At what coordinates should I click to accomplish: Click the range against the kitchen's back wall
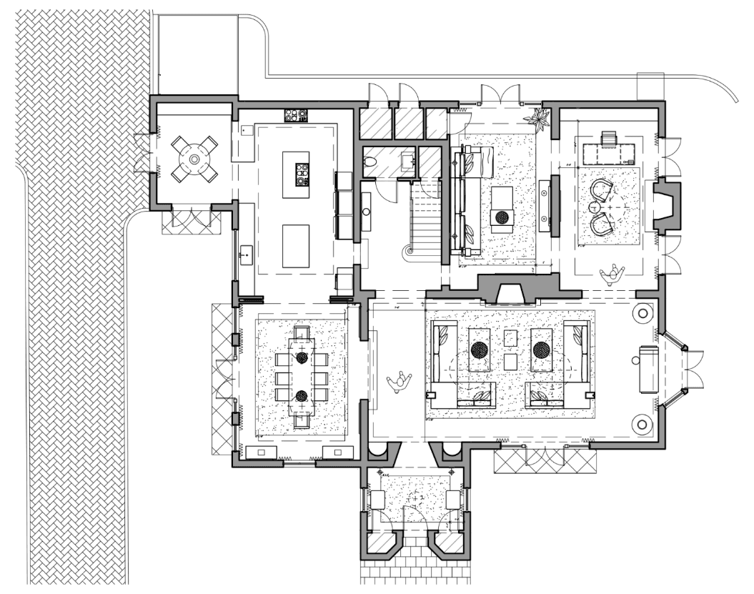pyautogui.click(x=295, y=115)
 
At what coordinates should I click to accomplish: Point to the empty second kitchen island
pyautogui.click(x=295, y=245)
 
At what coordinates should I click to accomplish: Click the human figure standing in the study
pyautogui.click(x=613, y=273)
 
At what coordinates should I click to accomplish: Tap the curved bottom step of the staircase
pyautogui.click(x=410, y=250)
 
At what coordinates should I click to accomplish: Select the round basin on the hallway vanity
pyautogui.click(x=365, y=212)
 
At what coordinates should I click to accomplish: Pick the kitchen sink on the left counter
pyautogui.click(x=246, y=253)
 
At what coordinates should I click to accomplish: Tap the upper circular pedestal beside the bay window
pyautogui.click(x=642, y=313)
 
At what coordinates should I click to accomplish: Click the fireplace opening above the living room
pyautogui.click(x=510, y=293)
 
